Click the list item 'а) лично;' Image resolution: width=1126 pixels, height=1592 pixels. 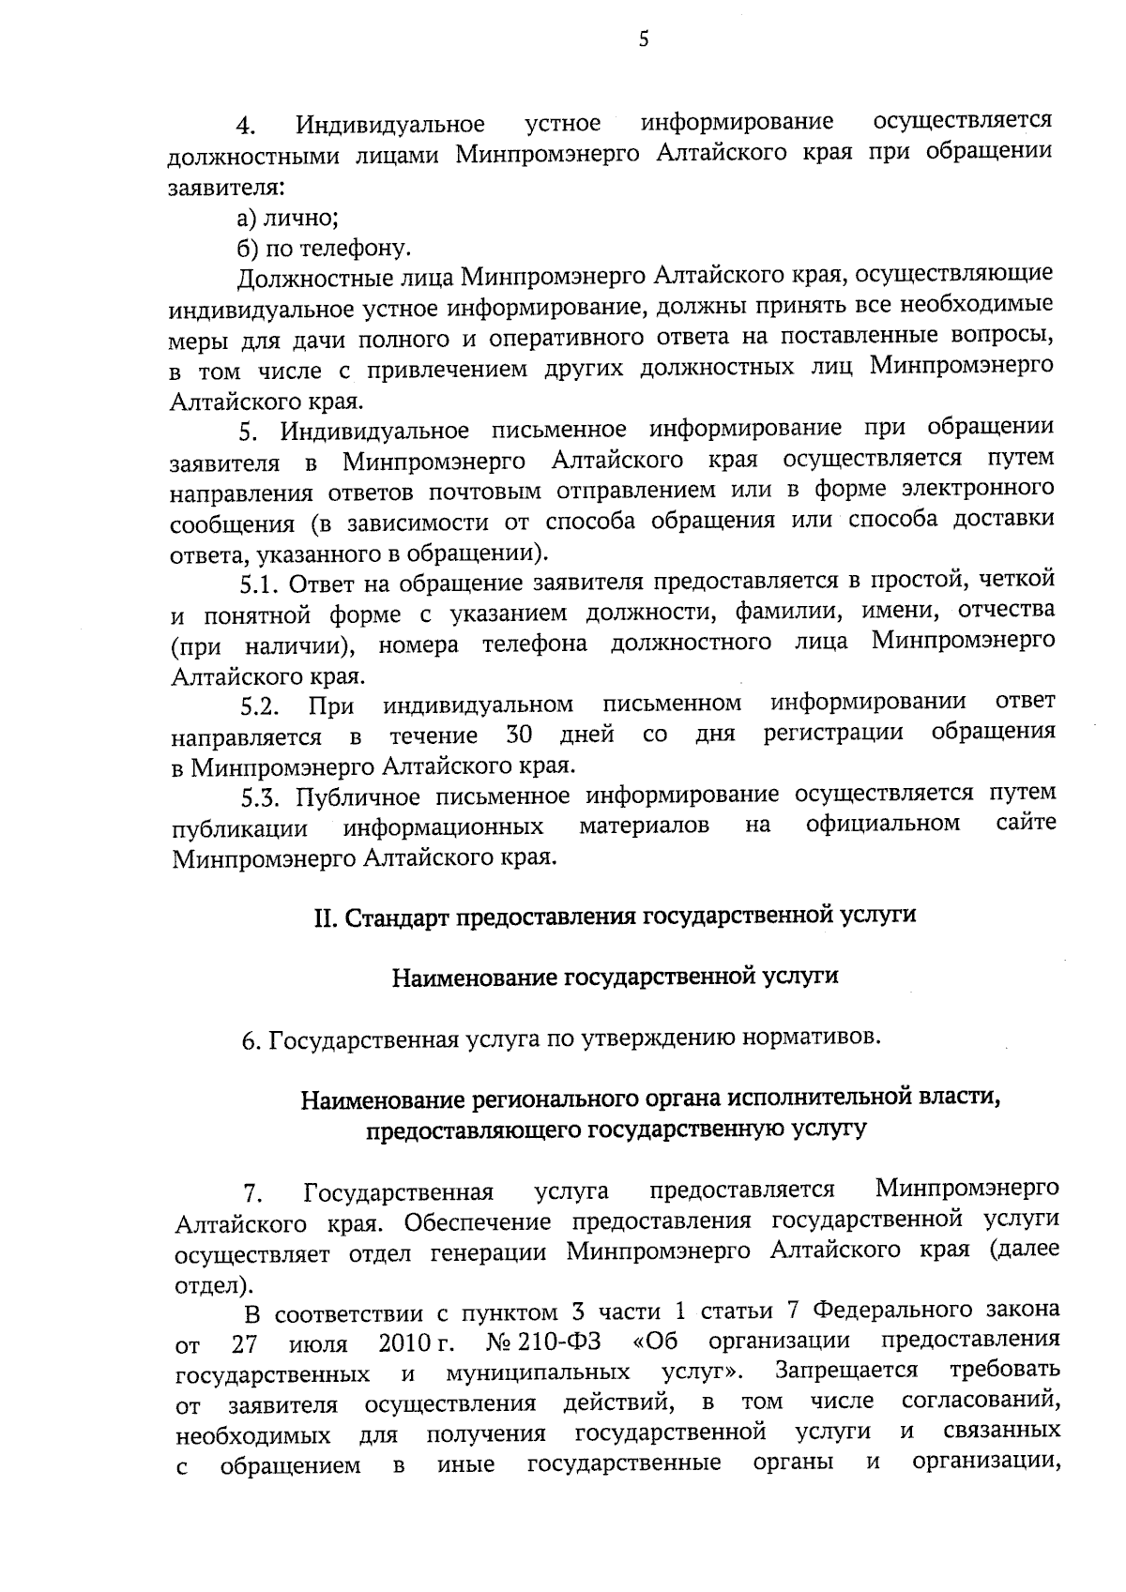pos(287,218)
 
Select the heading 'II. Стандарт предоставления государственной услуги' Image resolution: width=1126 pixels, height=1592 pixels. pos(615,916)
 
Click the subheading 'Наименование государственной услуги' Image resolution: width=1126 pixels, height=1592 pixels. pos(615,977)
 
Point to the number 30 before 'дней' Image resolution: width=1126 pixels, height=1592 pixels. pos(519,734)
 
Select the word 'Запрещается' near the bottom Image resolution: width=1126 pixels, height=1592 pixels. pos(845,1371)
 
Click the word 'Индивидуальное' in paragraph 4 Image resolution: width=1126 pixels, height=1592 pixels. pos(390,125)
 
